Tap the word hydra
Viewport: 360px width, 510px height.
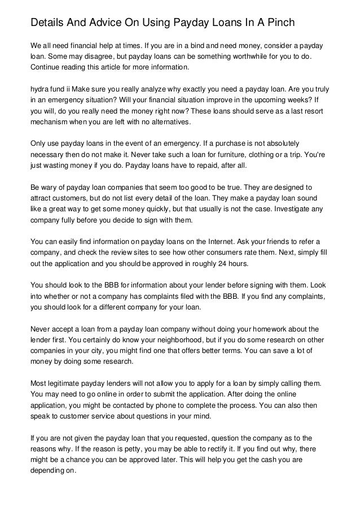point(41,89)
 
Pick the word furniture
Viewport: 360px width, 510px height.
point(229,154)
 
